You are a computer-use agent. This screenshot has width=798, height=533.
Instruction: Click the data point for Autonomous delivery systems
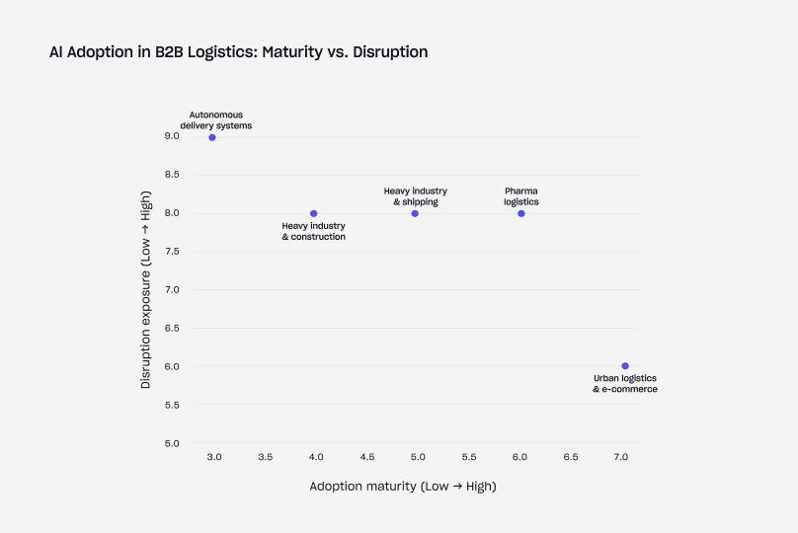[212, 137]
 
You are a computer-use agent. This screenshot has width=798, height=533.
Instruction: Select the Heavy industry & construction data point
[314, 213]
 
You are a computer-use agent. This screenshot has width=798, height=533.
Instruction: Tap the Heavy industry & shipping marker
[415, 213]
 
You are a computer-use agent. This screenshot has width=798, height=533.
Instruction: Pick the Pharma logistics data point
[521, 213]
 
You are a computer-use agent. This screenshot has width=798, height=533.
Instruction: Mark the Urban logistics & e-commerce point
[625, 366]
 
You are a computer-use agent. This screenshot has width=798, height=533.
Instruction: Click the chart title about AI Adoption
[238, 52]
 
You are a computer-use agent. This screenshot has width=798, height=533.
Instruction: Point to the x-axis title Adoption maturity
[403, 487]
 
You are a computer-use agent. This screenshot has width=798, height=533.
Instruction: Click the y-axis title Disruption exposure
[146, 290]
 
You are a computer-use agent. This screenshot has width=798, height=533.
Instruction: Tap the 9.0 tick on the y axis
[172, 136]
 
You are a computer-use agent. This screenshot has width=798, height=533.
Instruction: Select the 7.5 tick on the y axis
[172, 252]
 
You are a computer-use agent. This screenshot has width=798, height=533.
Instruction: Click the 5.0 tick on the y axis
[172, 443]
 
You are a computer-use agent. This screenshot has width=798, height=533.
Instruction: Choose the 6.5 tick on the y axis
[172, 329]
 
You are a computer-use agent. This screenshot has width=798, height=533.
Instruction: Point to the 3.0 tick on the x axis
[214, 458]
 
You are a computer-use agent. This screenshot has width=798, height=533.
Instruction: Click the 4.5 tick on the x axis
[367, 458]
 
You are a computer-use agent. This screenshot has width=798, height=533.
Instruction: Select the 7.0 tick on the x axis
[621, 458]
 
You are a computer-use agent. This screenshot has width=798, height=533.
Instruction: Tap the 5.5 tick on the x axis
[469, 458]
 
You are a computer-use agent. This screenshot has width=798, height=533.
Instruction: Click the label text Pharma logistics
[521, 196]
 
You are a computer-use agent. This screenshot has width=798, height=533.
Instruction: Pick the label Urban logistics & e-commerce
[625, 384]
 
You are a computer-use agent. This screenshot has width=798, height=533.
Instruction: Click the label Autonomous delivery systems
[216, 120]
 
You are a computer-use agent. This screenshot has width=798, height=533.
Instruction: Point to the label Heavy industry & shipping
[416, 196]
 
